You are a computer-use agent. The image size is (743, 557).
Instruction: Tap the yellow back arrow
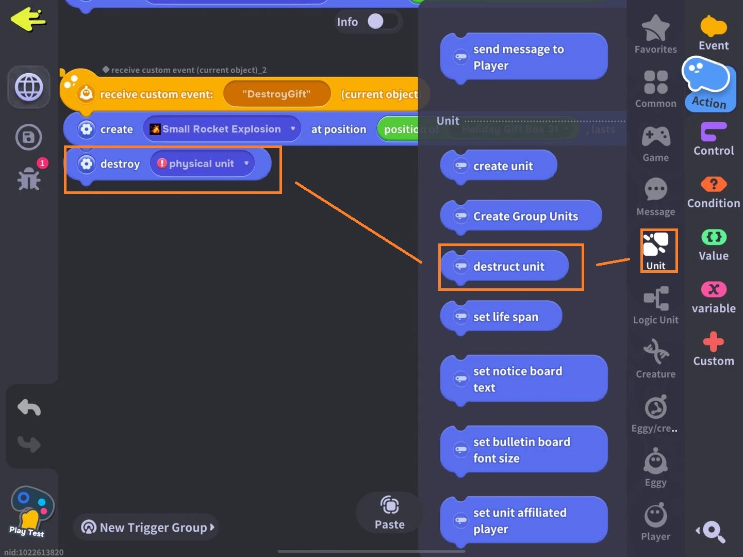click(x=28, y=20)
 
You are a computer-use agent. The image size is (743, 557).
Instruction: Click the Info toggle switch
click(x=382, y=22)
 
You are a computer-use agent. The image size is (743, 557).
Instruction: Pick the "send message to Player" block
click(x=523, y=57)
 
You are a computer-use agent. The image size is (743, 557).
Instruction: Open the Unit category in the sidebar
click(x=656, y=251)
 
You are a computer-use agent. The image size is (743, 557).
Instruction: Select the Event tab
click(x=714, y=33)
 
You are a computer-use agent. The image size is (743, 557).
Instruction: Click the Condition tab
click(x=714, y=192)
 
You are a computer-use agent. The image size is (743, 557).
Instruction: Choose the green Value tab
click(x=714, y=245)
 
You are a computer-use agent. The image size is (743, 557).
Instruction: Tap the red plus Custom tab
click(x=714, y=349)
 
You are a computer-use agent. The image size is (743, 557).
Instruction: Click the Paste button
click(x=390, y=513)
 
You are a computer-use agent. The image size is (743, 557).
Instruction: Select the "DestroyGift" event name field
click(x=277, y=94)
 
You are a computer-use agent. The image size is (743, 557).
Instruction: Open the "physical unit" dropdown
click(x=202, y=163)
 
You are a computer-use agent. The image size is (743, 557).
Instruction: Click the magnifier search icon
click(x=713, y=531)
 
